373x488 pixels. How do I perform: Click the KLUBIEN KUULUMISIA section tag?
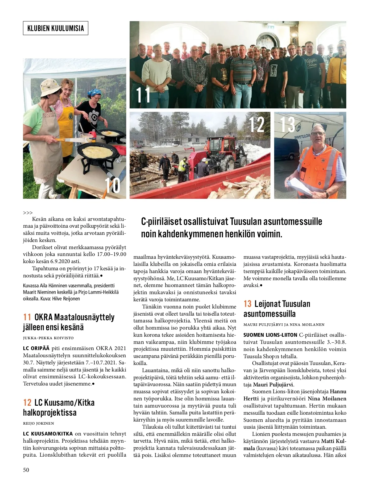click(56, 28)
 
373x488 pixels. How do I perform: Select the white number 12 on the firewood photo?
click(257, 125)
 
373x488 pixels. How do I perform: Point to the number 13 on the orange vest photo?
click(288, 124)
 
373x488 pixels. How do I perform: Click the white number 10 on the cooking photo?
click(112, 185)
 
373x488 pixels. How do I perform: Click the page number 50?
click(26, 470)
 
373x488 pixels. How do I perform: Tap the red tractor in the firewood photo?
click(221, 152)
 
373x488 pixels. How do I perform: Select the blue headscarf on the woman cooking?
click(94, 92)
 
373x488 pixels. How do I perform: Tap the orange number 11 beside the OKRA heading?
click(27, 317)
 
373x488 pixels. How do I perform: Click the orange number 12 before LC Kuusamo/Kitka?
click(27, 403)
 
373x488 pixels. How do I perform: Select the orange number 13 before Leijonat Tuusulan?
click(247, 304)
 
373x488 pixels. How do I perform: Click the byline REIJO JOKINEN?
click(39, 423)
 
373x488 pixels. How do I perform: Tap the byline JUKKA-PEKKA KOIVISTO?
click(48, 338)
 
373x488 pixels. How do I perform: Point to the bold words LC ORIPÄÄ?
click(36, 348)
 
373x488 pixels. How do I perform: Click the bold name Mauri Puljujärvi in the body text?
click(273, 385)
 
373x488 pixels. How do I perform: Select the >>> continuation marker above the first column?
click(28, 213)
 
